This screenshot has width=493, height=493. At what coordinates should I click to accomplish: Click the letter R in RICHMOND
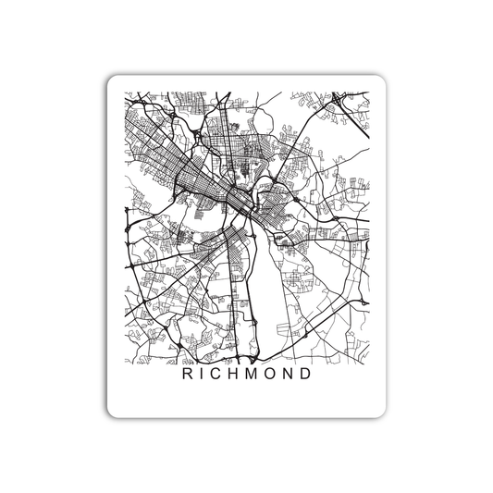click(189, 376)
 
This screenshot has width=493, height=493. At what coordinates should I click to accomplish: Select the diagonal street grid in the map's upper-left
click(157, 139)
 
